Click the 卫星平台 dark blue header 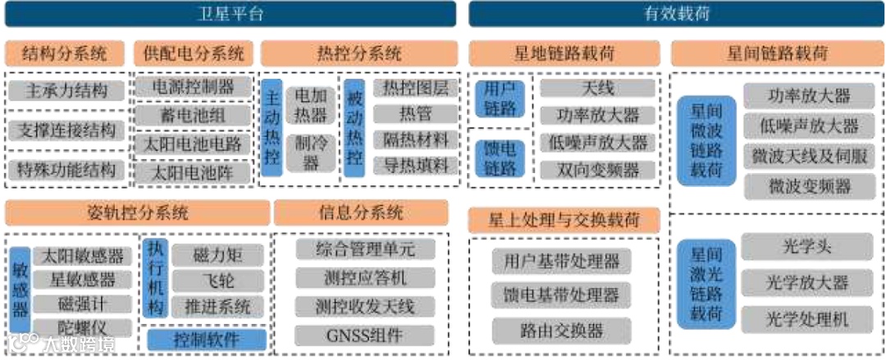(x=231, y=13)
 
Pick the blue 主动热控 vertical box (x=273, y=127)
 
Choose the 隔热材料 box (x=416, y=140)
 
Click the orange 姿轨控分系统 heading (x=138, y=213)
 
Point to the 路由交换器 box (x=562, y=330)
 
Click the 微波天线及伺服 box (x=808, y=156)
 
